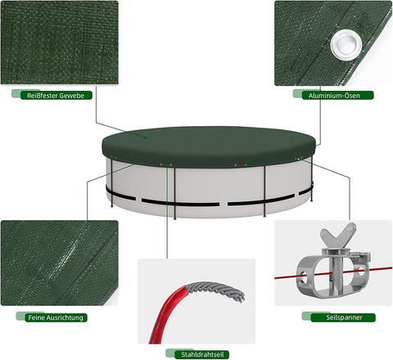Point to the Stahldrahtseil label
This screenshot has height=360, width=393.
pos(196,353)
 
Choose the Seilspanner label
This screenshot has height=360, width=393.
pos(336,317)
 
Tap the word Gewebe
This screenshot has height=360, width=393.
pos(77,95)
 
